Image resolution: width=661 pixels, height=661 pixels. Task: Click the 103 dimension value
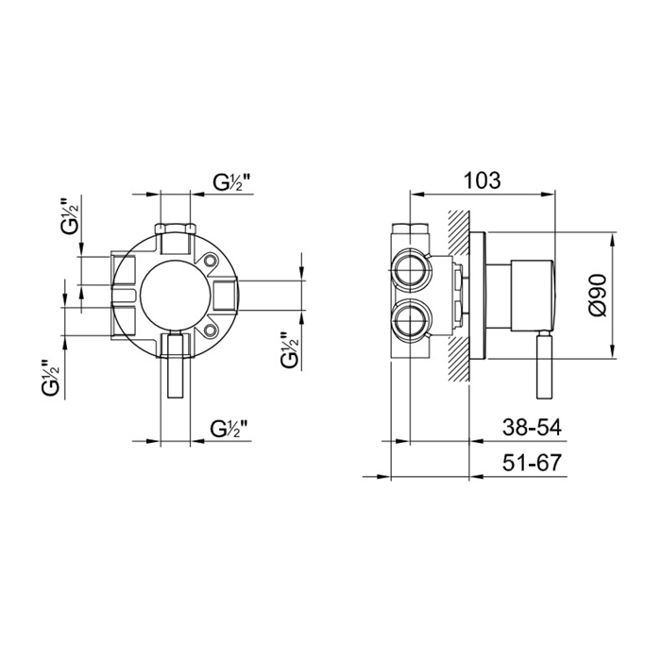(x=483, y=180)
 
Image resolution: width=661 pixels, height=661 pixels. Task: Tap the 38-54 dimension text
(x=532, y=428)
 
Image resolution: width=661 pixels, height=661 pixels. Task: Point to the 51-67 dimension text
(x=532, y=463)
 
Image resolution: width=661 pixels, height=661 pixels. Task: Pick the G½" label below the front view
(x=229, y=429)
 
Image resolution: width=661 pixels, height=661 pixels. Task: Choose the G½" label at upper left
(x=70, y=216)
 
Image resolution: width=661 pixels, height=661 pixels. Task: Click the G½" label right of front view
(x=290, y=349)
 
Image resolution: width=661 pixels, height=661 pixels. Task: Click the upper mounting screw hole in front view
(x=210, y=262)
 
